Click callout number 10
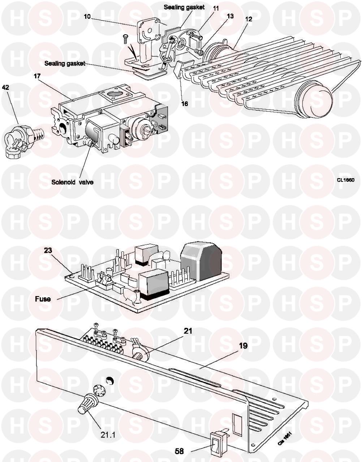coord(87,17)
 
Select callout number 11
coord(216,8)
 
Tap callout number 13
coord(230,16)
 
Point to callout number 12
coord(249,19)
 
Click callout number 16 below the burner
coord(185,104)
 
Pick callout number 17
coord(37,76)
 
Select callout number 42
coord(5,87)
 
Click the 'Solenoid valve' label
coord(72,182)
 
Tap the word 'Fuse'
coord(43,299)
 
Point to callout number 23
coord(48,250)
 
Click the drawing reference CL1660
coord(346,180)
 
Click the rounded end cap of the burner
coord(315,102)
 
